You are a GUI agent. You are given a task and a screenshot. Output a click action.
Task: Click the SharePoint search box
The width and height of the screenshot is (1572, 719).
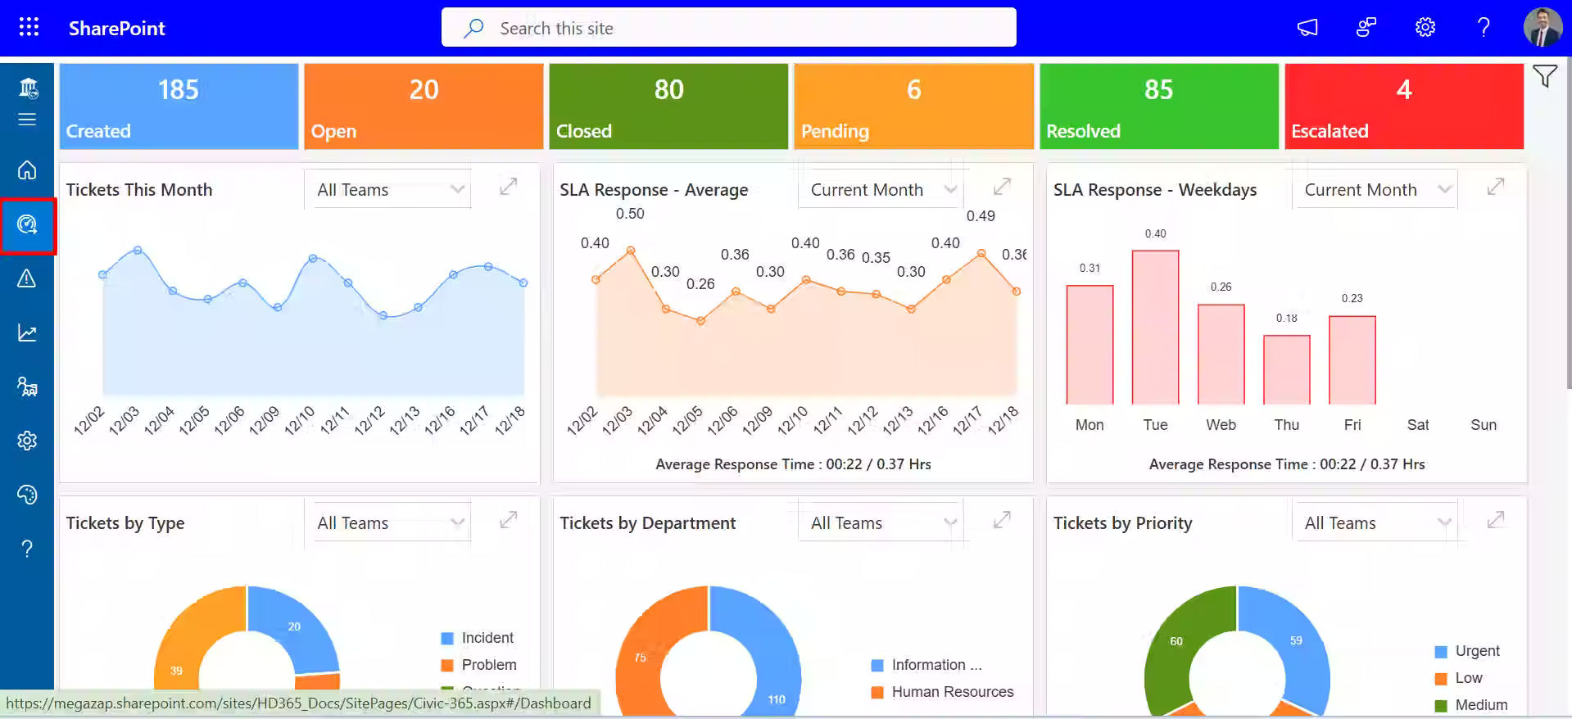pos(727,28)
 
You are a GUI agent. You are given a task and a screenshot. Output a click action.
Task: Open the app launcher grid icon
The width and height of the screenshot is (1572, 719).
pos(29,27)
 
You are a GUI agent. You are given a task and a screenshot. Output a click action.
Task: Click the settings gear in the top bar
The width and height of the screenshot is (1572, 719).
pos(1425,28)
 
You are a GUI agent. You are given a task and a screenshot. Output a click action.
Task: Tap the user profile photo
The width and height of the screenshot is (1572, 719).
pos(1542,28)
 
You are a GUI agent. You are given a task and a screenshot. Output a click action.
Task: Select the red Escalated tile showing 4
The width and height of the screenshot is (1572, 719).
pos(1403,106)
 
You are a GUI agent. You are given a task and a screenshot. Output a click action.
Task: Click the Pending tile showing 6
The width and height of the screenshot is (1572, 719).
pos(913,106)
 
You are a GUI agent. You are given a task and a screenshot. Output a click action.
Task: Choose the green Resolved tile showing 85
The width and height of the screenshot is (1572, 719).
pos(1158,106)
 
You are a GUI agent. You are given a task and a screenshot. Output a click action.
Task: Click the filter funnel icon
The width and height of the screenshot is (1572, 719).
pos(1545,77)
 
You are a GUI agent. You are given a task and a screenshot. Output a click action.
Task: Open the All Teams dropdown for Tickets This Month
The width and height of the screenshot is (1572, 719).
pos(388,190)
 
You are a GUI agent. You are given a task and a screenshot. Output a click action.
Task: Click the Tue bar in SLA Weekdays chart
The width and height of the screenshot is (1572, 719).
pos(1155,328)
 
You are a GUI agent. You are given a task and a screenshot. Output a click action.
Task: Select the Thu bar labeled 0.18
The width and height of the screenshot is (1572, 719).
pos(1286,369)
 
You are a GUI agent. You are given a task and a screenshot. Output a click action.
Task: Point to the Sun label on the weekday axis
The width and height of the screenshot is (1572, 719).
pos(1483,425)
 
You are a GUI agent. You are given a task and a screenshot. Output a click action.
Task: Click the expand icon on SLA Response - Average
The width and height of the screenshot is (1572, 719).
pos(1002,188)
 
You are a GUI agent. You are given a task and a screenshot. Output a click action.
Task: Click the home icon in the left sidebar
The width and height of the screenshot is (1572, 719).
pos(27,170)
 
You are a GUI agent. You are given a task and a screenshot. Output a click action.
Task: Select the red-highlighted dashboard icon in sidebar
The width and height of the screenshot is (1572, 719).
pos(27,225)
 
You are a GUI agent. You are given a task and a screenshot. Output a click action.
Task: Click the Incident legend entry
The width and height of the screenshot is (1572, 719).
pos(487,638)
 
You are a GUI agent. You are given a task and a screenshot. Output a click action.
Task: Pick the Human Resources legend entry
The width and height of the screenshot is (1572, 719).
pos(952,692)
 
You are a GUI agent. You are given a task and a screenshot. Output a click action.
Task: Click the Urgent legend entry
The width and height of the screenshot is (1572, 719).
pos(1477,651)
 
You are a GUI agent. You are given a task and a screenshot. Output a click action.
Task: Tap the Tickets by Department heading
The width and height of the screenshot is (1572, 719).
pos(647,523)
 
